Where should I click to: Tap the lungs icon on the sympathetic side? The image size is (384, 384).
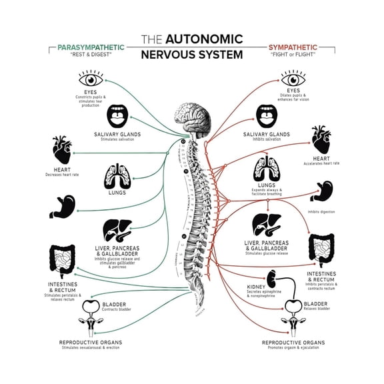pyautogui.click(x=267, y=170)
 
